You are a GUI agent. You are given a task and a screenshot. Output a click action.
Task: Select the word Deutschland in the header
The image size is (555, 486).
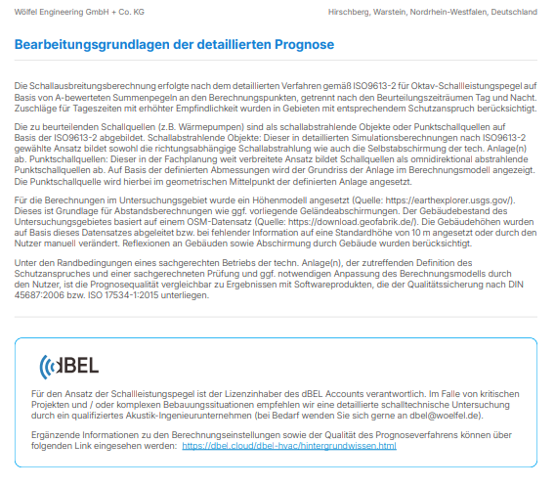pyautogui.click(x=513, y=12)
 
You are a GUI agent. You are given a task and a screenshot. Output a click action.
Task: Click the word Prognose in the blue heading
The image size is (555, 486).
pyautogui.click(x=302, y=45)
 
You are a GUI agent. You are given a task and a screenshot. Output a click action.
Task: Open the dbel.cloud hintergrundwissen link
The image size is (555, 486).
pyautogui.click(x=289, y=446)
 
